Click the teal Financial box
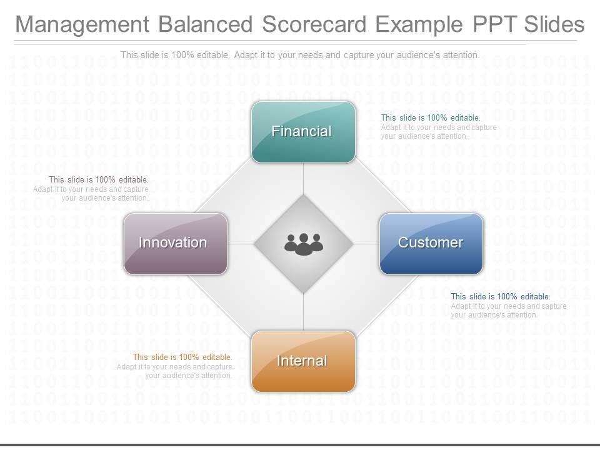[x=304, y=132]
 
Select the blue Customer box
[x=431, y=244]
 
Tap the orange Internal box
[x=304, y=362]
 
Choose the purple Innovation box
[x=176, y=244]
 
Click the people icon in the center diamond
[x=304, y=244]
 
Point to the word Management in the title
[x=82, y=24]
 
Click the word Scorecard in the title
[x=314, y=24]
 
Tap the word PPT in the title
[x=495, y=24]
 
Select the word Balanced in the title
[x=206, y=24]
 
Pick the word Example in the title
[x=419, y=25]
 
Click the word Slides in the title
[x=554, y=24]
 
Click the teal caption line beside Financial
[x=431, y=118]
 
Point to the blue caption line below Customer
[x=501, y=296]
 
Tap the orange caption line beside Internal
[x=182, y=357]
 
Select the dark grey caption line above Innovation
[x=99, y=179]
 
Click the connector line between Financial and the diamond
[x=304, y=179]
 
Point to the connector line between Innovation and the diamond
[x=241, y=244]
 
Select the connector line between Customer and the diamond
[x=366, y=244]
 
